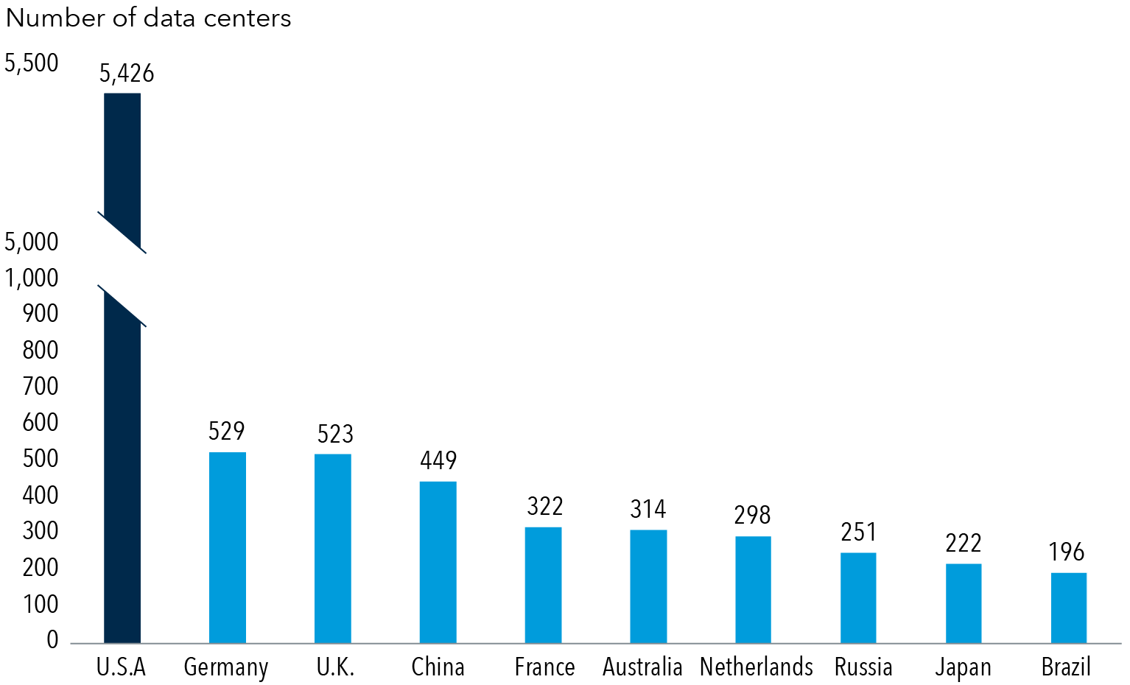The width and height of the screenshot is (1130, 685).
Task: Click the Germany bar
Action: coord(228,547)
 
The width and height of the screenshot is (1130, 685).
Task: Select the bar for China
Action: coord(438,562)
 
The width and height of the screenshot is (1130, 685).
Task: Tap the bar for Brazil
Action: coord(1068,608)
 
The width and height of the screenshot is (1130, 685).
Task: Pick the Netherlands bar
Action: coord(753,589)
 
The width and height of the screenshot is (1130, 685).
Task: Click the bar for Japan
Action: coord(964,603)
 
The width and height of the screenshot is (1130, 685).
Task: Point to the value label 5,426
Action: coord(127,74)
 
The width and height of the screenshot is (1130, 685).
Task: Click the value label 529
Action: coord(227,431)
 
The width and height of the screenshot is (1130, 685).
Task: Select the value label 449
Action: coord(438,460)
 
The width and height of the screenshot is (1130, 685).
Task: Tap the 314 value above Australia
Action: coord(648,509)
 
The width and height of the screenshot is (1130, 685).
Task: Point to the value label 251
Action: coord(859,532)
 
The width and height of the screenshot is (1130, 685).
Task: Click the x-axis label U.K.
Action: coord(335,667)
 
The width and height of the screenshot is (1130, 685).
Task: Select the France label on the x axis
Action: coord(544,667)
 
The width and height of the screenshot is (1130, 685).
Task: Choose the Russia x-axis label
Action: coord(863,667)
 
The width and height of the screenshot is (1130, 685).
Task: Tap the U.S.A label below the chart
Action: coord(122,667)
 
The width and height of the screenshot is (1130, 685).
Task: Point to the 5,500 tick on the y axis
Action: coord(32,63)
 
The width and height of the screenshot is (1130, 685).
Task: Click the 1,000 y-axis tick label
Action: coord(32,278)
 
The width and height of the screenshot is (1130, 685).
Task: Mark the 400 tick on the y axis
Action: coord(41,495)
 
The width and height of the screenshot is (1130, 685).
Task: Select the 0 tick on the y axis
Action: coord(52,640)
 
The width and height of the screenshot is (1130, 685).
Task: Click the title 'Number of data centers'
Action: coord(149,18)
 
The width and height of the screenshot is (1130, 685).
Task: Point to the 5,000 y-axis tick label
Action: coord(32,242)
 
